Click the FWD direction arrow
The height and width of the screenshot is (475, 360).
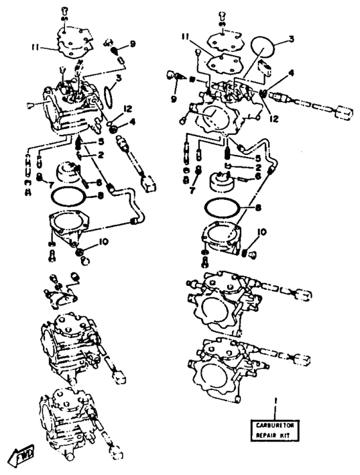22,454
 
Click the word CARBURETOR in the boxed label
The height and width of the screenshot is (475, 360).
275,426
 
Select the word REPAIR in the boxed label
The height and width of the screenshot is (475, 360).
265,435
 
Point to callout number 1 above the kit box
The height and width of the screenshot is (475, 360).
275,401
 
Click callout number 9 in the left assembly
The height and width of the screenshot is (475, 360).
132,44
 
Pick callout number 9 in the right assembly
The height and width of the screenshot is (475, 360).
174,98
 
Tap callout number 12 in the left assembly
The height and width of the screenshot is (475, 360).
127,109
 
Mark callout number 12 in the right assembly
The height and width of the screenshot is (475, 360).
274,118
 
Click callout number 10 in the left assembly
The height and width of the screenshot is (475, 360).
104,242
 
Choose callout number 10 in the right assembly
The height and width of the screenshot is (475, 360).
262,232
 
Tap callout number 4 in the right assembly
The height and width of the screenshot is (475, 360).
291,73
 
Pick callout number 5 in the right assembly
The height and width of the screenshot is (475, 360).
258,157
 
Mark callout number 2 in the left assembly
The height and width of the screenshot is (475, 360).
101,155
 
